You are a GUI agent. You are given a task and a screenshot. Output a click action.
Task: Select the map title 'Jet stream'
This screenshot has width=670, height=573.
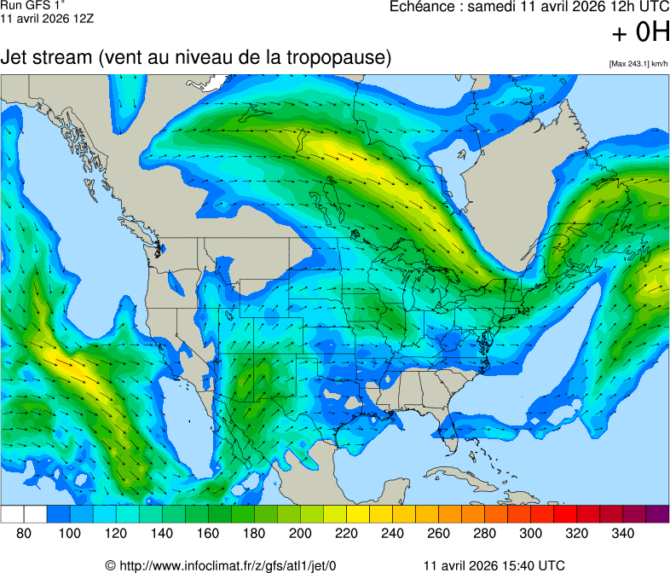pyautogui.click(x=46, y=59)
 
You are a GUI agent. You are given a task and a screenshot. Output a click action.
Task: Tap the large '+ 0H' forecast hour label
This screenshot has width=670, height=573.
pyautogui.click(x=640, y=33)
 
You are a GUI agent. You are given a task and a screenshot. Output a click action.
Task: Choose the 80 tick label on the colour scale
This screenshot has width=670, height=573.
pyautogui.click(x=24, y=533)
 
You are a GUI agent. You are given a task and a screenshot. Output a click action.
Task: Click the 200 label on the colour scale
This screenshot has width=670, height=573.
pyautogui.click(x=300, y=533)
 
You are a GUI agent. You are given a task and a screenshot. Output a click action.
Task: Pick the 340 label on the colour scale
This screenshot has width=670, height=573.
pyautogui.click(x=622, y=533)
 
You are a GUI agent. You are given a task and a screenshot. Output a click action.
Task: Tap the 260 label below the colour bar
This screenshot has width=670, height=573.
pyautogui.click(x=438, y=533)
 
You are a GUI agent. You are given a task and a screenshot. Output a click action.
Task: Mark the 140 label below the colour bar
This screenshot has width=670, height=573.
pyautogui.click(x=162, y=533)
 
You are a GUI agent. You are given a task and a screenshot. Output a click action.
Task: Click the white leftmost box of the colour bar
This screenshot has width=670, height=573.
pyautogui.click(x=12, y=514)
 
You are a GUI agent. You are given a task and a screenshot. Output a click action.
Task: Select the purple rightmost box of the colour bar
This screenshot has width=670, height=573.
pyautogui.click(x=657, y=514)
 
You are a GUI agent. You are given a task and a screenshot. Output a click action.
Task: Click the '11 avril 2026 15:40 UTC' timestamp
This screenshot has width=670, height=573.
pyautogui.click(x=494, y=565)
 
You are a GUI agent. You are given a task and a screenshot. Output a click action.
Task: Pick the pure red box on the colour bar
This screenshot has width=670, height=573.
pyautogui.click(x=565, y=514)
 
